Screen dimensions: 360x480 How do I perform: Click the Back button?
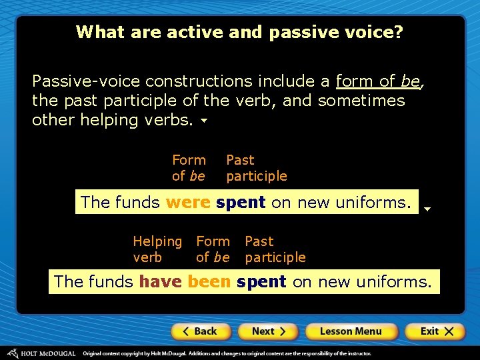coord(201,331)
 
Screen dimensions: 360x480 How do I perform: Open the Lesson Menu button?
coord(351,331)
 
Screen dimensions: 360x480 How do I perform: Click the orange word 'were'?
coord(188,202)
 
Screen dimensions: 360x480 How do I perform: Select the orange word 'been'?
coord(209,282)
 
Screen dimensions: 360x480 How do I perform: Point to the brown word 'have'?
coord(160,282)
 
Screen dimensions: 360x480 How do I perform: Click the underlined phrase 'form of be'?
coord(378,81)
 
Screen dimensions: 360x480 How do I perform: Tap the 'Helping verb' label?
coord(157,249)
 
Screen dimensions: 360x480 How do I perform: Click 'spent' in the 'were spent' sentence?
coord(241,202)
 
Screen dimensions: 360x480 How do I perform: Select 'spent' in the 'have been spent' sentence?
coord(261,282)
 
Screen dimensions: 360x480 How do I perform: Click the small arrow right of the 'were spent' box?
coord(427,209)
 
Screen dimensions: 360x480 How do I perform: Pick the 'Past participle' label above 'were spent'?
coord(256,168)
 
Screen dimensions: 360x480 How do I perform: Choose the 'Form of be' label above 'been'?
coord(213,249)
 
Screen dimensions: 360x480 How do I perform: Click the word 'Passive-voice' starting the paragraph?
coord(86,81)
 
